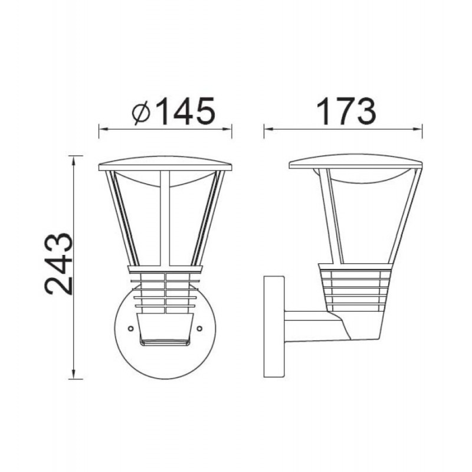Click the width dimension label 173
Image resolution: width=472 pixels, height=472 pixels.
pyautogui.click(x=346, y=111)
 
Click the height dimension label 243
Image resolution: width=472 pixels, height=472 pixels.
pyautogui.click(x=59, y=264)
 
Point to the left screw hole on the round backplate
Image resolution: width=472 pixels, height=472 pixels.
pyautogui.click(x=130, y=329)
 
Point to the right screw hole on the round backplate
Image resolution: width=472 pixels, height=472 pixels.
pyautogui.click(x=199, y=329)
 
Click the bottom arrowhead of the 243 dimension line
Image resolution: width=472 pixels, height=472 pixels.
pyautogui.click(x=73, y=373)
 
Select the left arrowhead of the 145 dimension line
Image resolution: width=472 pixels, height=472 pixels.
pyautogui.click(x=104, y=129)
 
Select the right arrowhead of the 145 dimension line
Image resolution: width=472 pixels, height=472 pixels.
pyautogui.click(x=227, y=129)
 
